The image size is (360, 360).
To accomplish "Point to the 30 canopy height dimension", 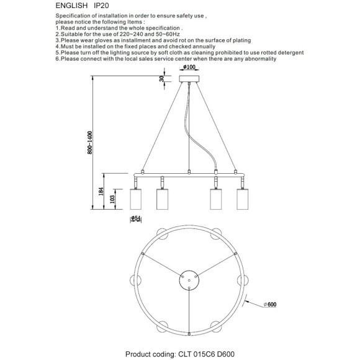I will tap(163, 78).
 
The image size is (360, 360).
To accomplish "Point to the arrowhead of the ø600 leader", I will tap(247, 302).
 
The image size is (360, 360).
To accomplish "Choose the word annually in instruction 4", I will tap(201, 46).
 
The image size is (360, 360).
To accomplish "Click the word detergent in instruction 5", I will tap(286, 52).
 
